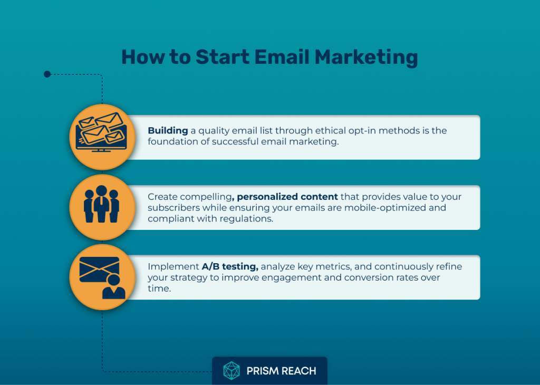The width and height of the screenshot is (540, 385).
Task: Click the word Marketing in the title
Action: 366,57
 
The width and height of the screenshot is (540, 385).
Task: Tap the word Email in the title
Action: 282,57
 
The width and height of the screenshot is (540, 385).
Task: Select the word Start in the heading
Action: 223,57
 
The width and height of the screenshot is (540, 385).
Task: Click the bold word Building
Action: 168,131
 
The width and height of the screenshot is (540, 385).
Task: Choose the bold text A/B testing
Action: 230,266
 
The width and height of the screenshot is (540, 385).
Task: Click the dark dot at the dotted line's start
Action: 47,74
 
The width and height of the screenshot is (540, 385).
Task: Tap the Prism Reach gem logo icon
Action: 232,371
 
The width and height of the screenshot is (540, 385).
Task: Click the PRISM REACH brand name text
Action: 281,371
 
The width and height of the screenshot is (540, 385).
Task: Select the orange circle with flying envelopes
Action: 102,137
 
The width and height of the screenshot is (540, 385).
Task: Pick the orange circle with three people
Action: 102,207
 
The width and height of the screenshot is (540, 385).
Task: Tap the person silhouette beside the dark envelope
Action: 114,286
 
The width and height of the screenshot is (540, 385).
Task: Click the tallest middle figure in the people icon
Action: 101,204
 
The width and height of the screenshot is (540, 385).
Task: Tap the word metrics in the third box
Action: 333,266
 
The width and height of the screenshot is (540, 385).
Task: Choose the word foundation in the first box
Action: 173,142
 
